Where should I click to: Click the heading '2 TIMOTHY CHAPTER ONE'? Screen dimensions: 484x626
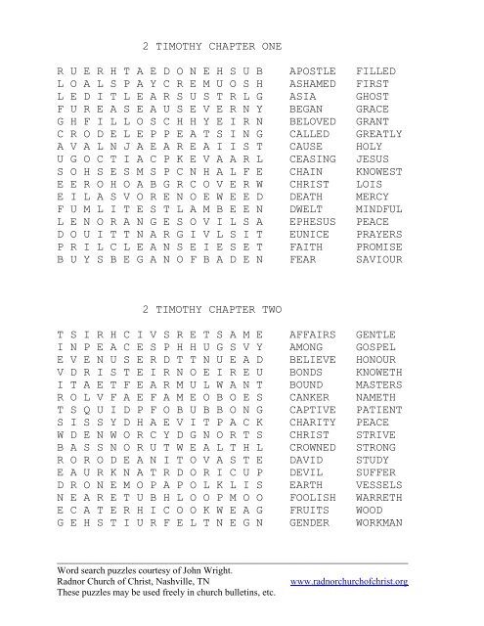point(211,46)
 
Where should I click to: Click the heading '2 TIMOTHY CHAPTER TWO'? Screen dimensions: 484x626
point(211,310)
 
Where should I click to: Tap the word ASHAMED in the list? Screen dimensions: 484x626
point(313,86)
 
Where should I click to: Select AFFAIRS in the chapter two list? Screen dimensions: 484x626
point(313,334)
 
